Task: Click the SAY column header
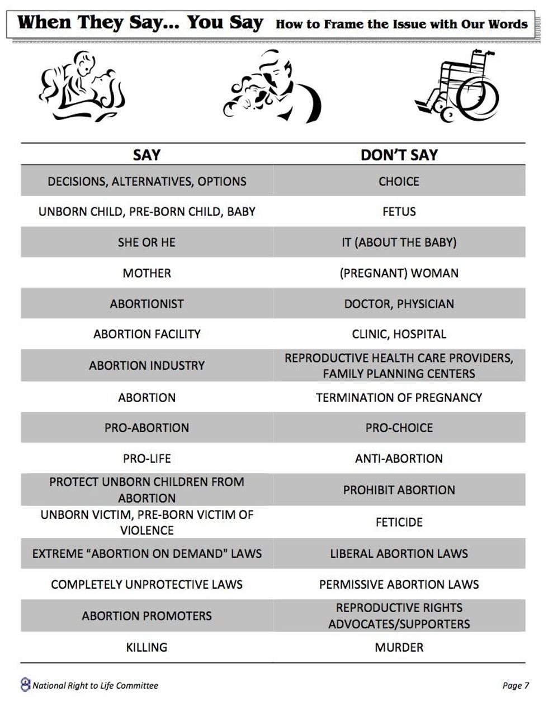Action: (147, 155)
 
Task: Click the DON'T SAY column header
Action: (399, 155)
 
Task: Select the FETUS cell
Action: (399, 212)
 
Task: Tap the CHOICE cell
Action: (399, 182)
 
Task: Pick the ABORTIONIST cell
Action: (147, 304)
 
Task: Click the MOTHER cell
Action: (147, 273)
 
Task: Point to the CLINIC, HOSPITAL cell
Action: (399, 334)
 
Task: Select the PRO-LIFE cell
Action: (147, 459)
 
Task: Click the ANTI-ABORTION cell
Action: (399, 459)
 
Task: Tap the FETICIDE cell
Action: (399, 522)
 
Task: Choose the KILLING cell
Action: (147, 647)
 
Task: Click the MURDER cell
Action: (399, 647)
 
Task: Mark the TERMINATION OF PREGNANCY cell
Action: (399, 398)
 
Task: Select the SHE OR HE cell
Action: (147, 242)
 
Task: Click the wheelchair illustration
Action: (457, 87)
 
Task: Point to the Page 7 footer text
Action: (515, 685)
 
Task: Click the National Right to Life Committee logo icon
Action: (25, 684)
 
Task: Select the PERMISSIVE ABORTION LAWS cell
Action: (399, 584)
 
